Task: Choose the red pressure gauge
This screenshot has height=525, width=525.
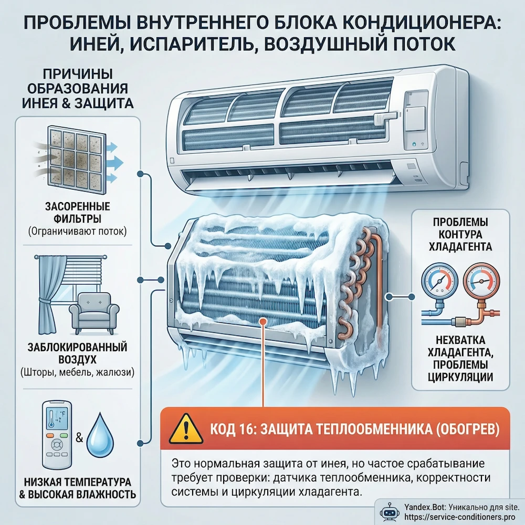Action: [481, 281]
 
